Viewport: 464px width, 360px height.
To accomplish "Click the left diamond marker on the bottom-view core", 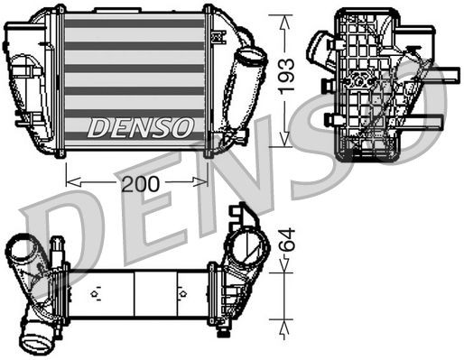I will [96, 292].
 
